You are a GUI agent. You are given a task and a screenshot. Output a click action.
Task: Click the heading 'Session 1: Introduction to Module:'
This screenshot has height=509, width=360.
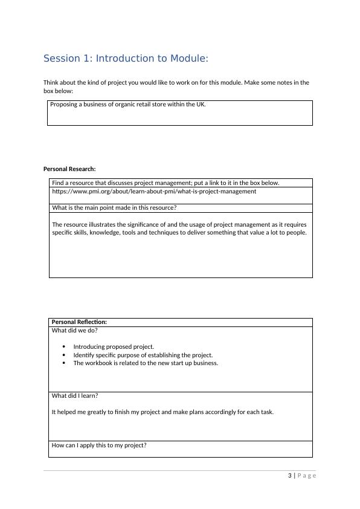coord(126,59)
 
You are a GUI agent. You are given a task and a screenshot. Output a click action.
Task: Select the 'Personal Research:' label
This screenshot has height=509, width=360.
coord(69,169)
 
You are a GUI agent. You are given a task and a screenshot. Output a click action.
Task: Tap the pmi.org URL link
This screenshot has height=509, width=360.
coord(153,192)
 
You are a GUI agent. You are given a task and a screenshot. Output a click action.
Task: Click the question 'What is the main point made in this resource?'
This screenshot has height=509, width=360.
coord(114,208)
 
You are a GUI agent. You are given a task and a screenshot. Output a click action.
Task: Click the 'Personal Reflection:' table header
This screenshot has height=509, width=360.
coord(79,322)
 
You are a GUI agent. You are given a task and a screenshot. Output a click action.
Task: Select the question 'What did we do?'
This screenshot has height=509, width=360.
coord(75,331)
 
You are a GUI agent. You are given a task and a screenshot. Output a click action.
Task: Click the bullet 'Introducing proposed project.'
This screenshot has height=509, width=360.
coord(114,347)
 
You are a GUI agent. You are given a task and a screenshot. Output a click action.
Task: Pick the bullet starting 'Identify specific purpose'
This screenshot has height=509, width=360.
coord(143,355)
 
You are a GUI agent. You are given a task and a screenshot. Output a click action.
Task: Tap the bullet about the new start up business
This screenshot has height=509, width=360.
coord(145,363)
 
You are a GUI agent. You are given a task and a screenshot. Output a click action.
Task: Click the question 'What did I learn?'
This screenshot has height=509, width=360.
coord(75,396)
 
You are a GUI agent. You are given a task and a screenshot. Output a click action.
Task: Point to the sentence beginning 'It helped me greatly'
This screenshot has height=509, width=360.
coord(162,412)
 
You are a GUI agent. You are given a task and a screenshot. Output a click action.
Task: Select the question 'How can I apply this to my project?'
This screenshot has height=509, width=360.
coord(99,446)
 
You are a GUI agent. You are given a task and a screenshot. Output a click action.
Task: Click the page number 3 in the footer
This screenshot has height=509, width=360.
coord(290,476)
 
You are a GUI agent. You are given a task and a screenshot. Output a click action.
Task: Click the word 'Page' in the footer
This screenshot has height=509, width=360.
coord(307,476)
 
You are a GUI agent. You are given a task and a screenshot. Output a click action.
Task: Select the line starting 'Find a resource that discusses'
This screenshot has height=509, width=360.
coord(166,183)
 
